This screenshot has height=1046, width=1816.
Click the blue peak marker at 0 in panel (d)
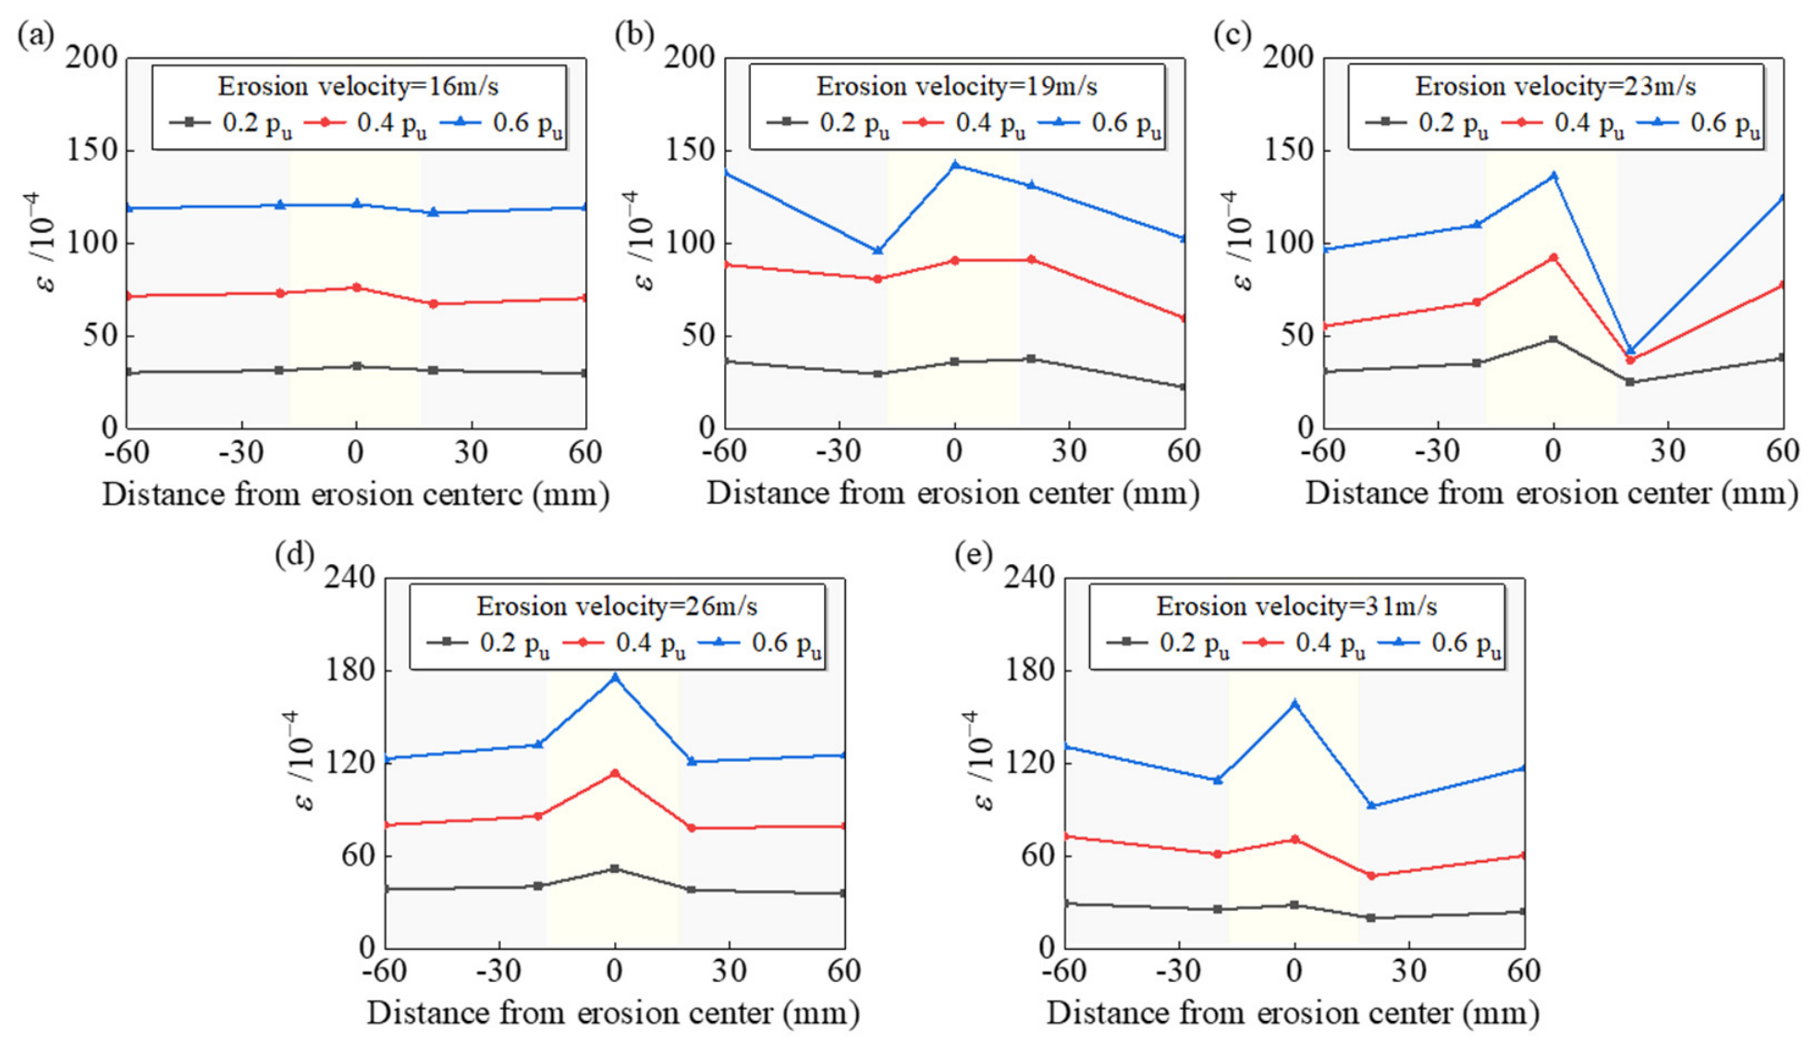click(x=615, y=677)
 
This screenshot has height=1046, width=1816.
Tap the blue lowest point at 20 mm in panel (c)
click(x=1630, y=351)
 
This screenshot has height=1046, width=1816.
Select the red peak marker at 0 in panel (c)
click(x=1553, y=258)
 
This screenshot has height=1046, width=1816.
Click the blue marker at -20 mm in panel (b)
click(x=877, y=251)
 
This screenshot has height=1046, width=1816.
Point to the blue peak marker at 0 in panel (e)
click(x=1295, y=704)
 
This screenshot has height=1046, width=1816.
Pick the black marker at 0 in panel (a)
click(x=357, y=366)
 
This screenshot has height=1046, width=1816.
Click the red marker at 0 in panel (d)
click(x=615, y=773)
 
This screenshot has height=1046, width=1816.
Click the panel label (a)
click(x=36, y=35)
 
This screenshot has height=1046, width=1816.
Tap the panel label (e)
click(x=973, y=555)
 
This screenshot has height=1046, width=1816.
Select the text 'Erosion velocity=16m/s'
click(x=358, y=86)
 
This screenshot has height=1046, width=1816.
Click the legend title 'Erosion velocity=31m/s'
click(x=1296, y=606)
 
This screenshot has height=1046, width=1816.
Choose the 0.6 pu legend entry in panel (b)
click(x=1099, y=123)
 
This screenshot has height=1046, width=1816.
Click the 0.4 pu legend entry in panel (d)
click(x=624, y=643)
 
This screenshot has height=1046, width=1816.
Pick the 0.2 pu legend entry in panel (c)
click(x=1427, y=123)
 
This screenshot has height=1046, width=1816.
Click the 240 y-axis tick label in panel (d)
click(x=351, y=577)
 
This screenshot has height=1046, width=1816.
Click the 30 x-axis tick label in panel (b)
click(x=1070, y=450)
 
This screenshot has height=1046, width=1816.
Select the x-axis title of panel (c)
click(x=1552, y=493)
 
